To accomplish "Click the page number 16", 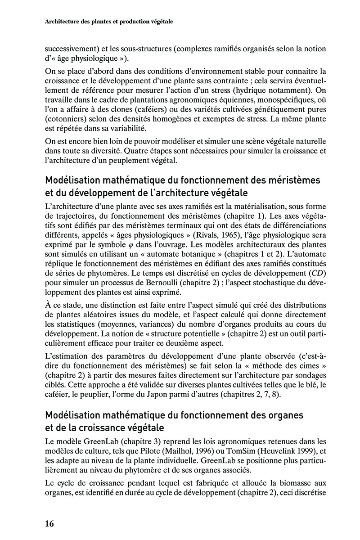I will pos(49,523).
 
